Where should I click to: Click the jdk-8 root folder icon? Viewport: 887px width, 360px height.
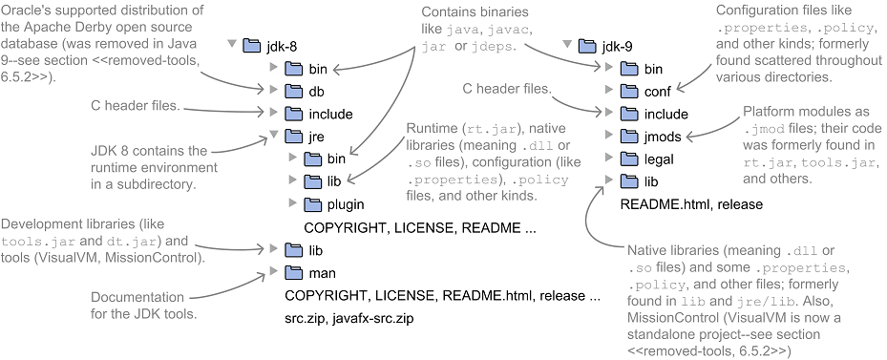(252, 46)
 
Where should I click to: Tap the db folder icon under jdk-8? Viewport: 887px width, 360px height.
(292, 92)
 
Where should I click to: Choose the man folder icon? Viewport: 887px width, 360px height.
(292, 273)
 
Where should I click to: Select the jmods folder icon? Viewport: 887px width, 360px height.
(627, 137)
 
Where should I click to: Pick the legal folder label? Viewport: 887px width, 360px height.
(658, 159)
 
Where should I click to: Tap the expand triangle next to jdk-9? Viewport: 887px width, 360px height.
(568, 46)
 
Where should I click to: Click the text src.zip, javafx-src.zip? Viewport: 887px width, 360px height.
(351, 318)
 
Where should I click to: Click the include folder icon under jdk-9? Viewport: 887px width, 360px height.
(627, 114)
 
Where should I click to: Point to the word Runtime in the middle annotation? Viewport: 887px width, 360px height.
(432, 129)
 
